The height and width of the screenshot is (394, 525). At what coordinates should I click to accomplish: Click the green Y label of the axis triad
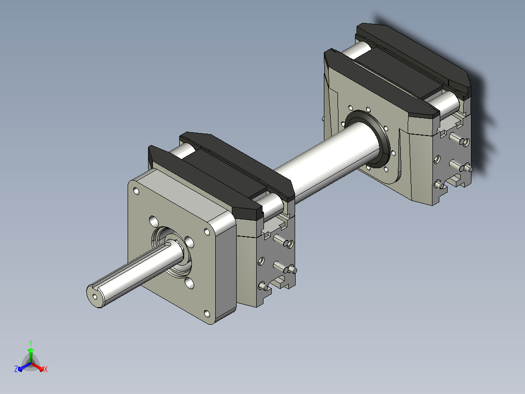point(31,343)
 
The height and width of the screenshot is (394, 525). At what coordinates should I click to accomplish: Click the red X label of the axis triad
point(46,369)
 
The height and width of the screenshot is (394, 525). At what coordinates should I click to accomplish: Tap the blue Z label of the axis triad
point(16,369)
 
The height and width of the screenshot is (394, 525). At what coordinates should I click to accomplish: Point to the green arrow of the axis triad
point(31,355)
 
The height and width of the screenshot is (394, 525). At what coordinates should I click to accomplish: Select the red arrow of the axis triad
point(37,367)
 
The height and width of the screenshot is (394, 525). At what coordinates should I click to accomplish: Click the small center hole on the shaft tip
point(95,296)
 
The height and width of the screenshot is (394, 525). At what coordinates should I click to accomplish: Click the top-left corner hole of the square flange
point(136,191)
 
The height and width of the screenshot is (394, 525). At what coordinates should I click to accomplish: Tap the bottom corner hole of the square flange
point(207,314)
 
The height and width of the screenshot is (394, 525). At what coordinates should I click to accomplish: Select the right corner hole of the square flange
point(207,232)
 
